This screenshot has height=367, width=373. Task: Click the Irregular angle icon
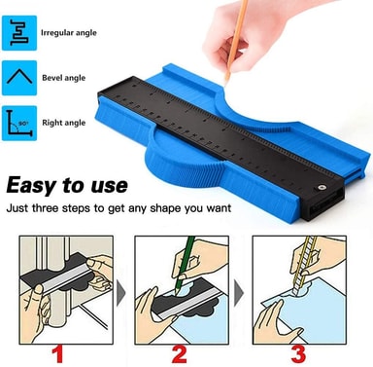point(19,33)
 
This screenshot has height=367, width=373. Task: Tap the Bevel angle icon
point(19,78)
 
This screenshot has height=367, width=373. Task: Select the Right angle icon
point(19,124)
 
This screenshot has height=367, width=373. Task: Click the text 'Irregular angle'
point(69,33)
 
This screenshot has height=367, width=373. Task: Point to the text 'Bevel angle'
point(64,78)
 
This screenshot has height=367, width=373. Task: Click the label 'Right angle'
point(64,123)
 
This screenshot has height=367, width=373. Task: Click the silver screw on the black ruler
point(322,187)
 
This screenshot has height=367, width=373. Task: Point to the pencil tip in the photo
point(226,83)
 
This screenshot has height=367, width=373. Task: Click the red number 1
point(58,354)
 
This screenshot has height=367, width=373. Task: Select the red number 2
point(179,354)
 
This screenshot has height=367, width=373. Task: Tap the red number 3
point(298,354)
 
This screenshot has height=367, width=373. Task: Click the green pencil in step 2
point(186,265)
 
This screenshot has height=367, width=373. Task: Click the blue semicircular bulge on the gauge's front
point(184,167)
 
